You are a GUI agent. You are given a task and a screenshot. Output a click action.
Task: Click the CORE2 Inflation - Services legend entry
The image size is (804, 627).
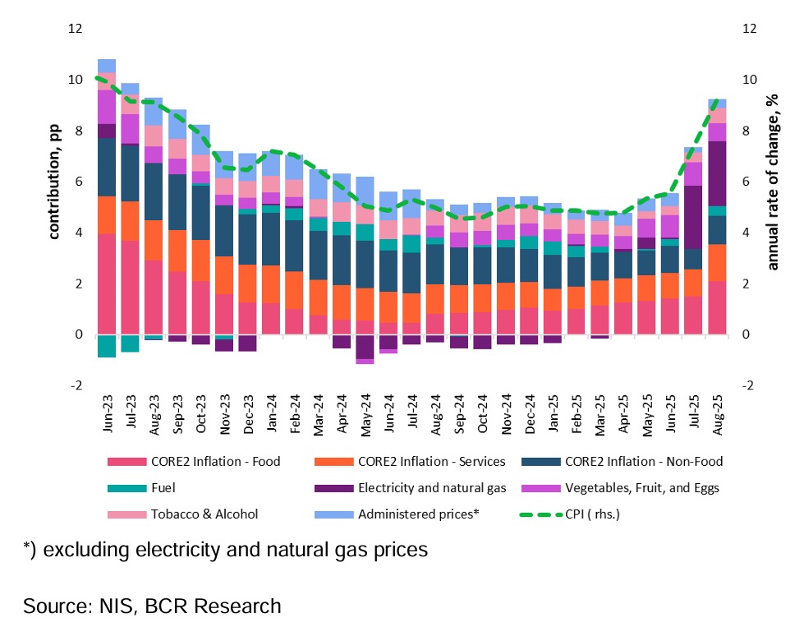coord(432,461)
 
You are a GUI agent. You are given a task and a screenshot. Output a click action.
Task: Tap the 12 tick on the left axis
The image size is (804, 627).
coord(76,29)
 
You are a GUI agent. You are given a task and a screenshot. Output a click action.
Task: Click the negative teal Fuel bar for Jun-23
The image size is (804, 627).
coord(106,346)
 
